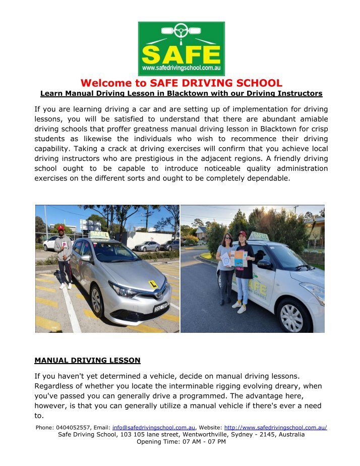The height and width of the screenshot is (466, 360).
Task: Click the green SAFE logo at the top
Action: coord(181,48)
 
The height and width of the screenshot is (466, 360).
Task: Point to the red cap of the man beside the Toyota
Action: coord(61,228)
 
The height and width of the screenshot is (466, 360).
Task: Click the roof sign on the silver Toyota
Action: coord(99,235)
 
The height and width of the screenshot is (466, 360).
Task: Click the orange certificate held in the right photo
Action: coord(239,259)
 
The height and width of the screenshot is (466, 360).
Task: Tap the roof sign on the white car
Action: coord(259,236)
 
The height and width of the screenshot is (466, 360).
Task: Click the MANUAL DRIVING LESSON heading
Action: coord(87,361)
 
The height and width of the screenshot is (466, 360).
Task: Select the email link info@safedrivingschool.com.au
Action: coord(153,428)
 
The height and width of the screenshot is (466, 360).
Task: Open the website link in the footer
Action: coord(275,428)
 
